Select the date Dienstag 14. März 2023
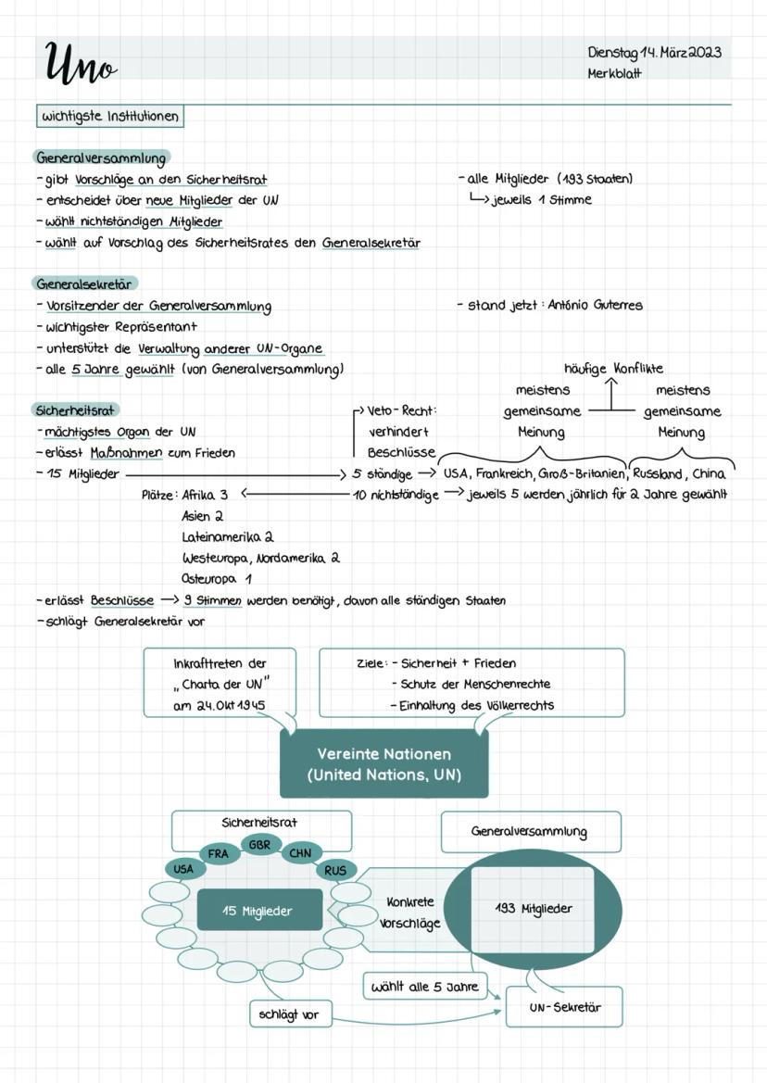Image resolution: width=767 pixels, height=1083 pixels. pyautogui.click(x=654, y=52)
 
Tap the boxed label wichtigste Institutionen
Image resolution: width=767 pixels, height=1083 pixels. pyautogui.click(x=109, y=117)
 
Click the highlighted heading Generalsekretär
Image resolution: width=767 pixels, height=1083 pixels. pyautogui.click(x=87, y=283)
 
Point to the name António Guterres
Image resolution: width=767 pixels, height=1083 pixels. pyautogui.click(x=595, y=305)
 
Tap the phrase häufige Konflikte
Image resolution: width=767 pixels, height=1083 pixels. pyautogui.click(x=613, y=369)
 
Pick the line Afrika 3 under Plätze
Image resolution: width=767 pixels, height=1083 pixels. pyautogui.click(x=205, y=495)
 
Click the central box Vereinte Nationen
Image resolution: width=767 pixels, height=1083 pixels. pyautogui.click(x=383, y=763)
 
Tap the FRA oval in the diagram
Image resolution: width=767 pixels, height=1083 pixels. pyautogui.click(x=218, y=853)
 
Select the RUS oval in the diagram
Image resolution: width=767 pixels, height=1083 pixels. pyautogui.click(x=334, y=870)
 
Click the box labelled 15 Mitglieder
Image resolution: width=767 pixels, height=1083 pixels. pyautogui.click(x=258, y=911)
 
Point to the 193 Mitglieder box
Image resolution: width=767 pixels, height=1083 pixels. pyautogui.click(x=533, y=909)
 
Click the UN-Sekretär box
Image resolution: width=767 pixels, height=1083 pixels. pyautogui.click(x=564, y=1007)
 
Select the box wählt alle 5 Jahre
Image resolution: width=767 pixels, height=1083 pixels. pyautogui.click(x=424, y=987)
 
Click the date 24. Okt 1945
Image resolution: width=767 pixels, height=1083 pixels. pyautogui.click(x=220, y=705)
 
